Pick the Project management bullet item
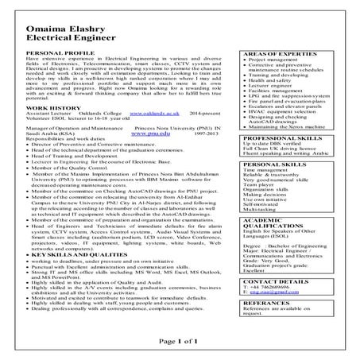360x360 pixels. tap(275, 82)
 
